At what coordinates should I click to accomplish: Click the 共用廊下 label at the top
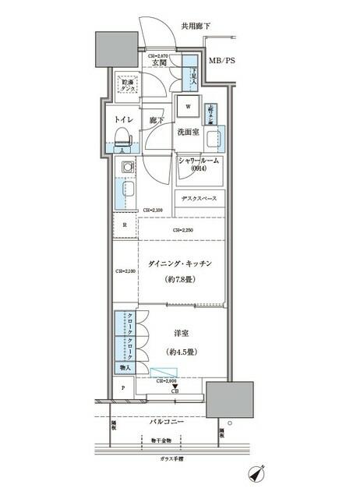(196, 26)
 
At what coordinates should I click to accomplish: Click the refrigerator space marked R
(124, 226)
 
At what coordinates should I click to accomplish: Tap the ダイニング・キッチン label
(178, 264)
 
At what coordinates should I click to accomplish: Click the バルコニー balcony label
(166, 422)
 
